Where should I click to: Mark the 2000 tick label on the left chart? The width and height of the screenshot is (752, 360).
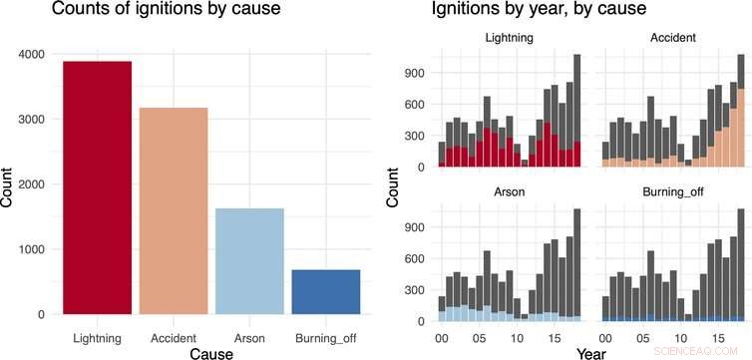pos(32,184)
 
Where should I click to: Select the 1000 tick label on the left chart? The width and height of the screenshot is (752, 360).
pos(32,249)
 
